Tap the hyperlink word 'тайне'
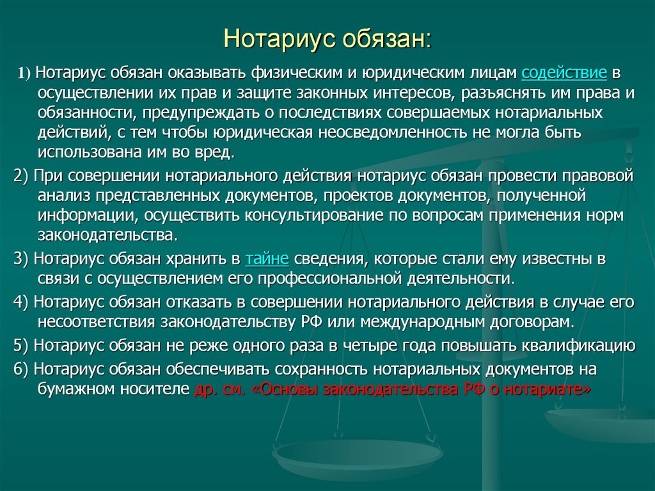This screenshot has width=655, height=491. tap(267, 259)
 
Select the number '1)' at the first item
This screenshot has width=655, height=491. tap(24, 73)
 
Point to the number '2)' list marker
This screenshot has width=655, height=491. tap(20, 176)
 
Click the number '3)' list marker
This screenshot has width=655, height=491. tap(20, 259)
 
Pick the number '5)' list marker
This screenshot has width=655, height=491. tap(20, 346)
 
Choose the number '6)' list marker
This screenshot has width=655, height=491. tap(20, 369)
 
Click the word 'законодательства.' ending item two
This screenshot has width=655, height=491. tap(106, 235)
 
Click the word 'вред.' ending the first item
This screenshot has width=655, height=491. tap(217, 153)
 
